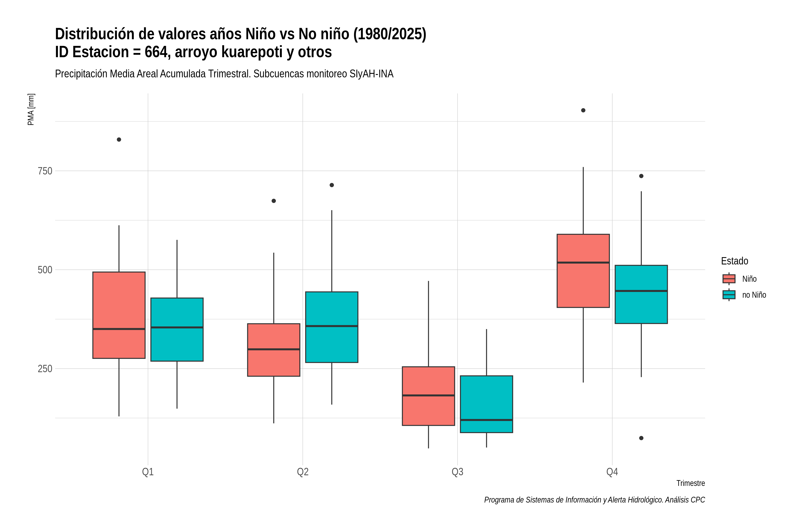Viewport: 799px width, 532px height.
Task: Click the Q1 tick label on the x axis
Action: (x=148, y=472)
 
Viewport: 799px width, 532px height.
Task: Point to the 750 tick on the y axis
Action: (x=45, y=171)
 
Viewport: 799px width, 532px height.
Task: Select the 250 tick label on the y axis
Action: (x=45, y=368)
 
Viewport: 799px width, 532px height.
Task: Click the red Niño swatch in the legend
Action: (x=729, y=279)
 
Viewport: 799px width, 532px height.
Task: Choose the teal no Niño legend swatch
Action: (x=729, y=295)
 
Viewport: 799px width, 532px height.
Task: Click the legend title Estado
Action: (x=734, y=261)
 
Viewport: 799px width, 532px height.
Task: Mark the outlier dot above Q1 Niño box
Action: (x=119, y=139)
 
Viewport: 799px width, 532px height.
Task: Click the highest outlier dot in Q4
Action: (x=583, y=110)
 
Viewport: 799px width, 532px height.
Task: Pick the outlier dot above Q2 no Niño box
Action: (x=332, y=185)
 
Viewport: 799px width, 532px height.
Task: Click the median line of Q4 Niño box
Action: (x=583, y=262)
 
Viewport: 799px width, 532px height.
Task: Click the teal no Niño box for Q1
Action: (x=177, y=329)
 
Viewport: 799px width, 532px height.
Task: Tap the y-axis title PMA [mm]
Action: (x=31, y=109)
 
